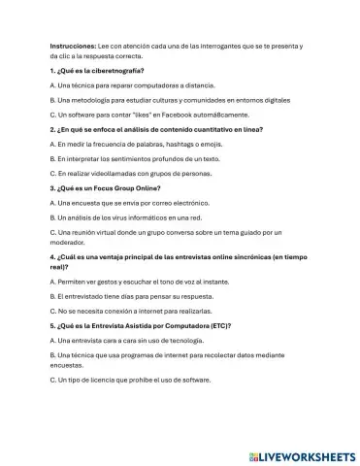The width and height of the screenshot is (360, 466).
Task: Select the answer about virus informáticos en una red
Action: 131,216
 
